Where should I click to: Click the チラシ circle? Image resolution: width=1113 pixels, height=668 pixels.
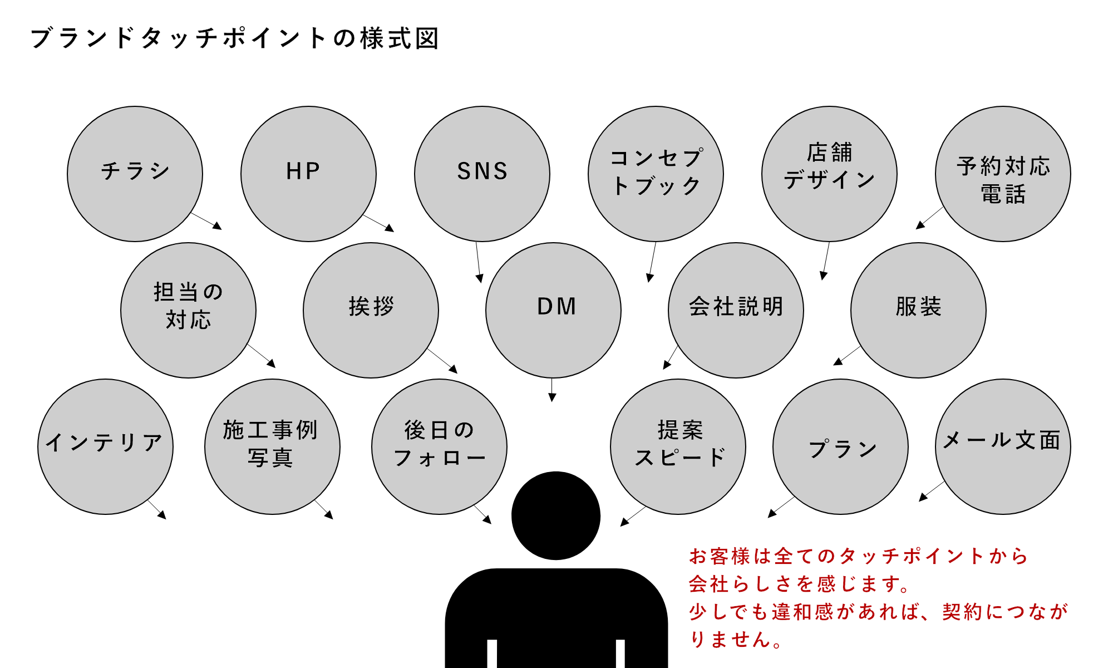pos(135,174)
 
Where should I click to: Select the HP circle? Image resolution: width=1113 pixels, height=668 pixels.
pos(308,174)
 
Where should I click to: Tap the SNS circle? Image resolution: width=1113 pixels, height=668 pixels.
pos(482,174)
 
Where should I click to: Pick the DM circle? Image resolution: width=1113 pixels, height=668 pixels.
pos(553,310)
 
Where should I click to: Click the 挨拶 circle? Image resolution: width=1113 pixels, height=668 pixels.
pos(371,310)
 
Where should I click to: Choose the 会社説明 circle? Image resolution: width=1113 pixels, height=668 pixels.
pos(736,310)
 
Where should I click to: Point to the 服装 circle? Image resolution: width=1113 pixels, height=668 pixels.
pos(918,310)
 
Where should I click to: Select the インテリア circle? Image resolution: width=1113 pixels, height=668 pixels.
pos(105,446)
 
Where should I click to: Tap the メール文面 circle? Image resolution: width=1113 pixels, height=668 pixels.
pos(1003,446)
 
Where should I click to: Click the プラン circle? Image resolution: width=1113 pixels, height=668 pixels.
pos(840,446)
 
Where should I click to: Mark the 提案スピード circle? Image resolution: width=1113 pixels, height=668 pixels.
pos(678,446)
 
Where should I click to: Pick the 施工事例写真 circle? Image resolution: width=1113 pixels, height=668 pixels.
pos(272,446)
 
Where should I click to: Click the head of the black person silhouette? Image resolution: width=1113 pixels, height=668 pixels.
pos(555,515)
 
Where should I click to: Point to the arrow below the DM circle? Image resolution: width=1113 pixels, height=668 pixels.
pos(552,390)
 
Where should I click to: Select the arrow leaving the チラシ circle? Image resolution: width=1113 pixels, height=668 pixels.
pos(206,220)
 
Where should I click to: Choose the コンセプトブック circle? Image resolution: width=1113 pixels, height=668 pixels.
pos(656,174)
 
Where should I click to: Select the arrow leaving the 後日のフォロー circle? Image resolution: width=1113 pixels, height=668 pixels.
pos(482,514)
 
